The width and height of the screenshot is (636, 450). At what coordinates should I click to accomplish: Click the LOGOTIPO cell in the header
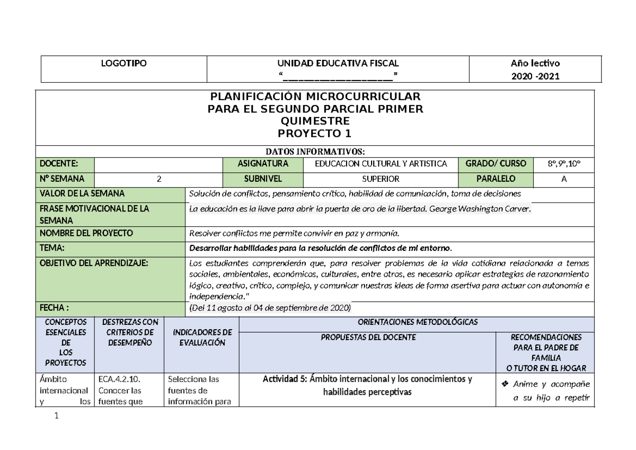[x=124, y=63]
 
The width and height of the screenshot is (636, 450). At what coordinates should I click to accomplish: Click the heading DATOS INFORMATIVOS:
[x=316, y=152]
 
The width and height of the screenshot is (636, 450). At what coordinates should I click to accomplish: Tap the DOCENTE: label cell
[x=64, y=163]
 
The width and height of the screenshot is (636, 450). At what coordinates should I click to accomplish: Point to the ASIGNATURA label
[x=263, y=163]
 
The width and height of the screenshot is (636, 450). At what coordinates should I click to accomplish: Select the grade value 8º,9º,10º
[x=564, y=163]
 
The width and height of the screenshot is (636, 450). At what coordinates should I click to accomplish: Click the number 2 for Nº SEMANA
[x=158, y=179]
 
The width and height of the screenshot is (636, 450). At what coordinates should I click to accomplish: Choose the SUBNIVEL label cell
[x=263, y=179]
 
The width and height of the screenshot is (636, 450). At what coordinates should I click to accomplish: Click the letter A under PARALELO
[x=564, y=179]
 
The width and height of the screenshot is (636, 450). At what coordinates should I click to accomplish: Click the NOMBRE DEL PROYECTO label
[x=84, y=233]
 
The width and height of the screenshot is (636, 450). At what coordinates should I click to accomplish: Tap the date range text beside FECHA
[x=270, y=308]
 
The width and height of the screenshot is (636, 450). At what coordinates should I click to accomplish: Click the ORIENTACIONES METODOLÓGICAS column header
[x=418, y=322]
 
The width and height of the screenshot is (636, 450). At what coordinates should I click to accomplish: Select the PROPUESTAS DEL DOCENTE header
[x=368, y=337]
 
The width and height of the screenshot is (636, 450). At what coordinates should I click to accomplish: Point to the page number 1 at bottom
[x=56, y=417]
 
